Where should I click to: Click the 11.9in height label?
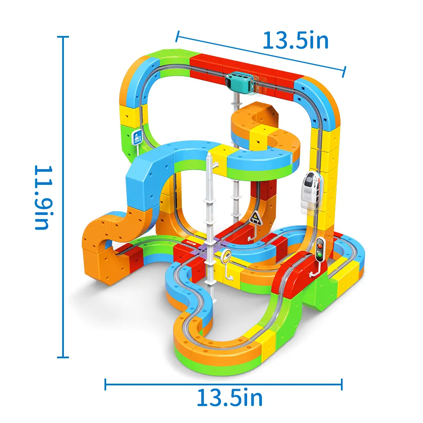[43, 197]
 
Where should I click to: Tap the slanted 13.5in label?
[296, 41]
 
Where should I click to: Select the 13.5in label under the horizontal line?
[230, 398]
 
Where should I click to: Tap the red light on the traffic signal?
[320, 246]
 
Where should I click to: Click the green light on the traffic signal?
[320, 254]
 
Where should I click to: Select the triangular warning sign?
[255, 218]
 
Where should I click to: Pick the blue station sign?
[137, 138]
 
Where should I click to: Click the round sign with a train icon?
[226, 255]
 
